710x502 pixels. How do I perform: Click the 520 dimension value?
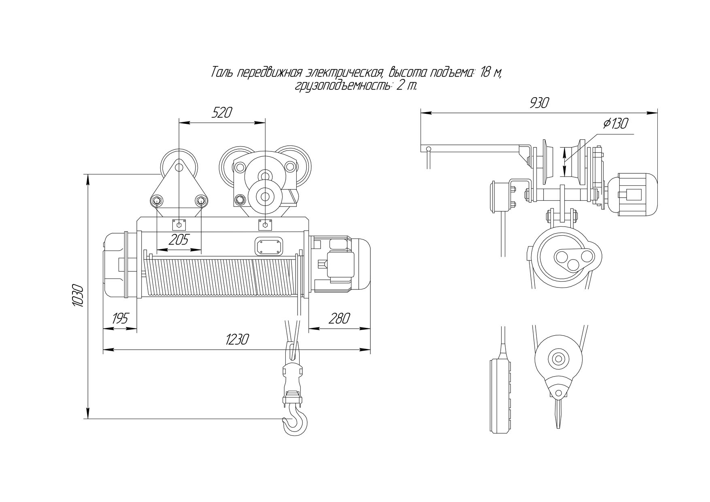pos(222,112)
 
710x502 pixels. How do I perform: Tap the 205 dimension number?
pos(179,240)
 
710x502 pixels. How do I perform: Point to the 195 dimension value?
pos(119,319)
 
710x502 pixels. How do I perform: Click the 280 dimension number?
pos(339,319)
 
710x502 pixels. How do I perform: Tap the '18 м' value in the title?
pos(491,72)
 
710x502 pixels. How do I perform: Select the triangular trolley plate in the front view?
pos(179,190)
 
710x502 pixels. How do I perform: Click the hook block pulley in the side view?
pos(558,359)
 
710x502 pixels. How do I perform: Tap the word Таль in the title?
pos(221,72)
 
